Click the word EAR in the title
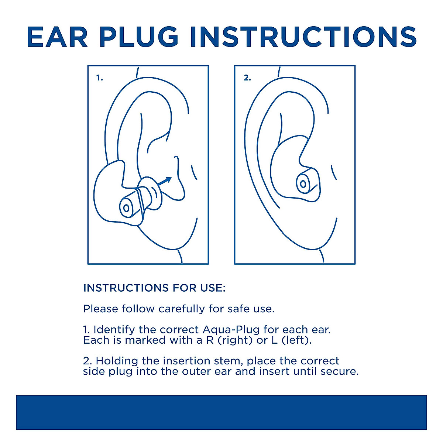(x=57, y=37)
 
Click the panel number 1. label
(x=100, y=78)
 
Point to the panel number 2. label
(x=247, y=78)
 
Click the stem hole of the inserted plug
(x=303, y=183)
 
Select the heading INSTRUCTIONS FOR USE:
(x=154, y=288)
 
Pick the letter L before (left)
(x=274, y=340)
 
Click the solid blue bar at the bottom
(x=221, y=412)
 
